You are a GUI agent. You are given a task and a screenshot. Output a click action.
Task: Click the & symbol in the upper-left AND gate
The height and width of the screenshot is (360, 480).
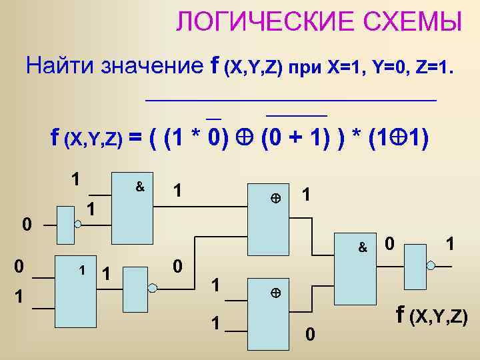click(x=140, y=187)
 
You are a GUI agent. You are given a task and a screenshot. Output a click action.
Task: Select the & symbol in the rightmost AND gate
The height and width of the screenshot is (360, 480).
click(x=363, y=247)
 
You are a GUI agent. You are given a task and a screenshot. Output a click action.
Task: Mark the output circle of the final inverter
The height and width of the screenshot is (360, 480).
click(x=430, y=265)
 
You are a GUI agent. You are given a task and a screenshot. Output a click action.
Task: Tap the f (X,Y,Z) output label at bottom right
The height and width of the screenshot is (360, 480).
click(x=431, y=315)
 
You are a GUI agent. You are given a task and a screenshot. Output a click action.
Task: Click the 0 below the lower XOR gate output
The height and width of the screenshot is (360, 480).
click(x=309, y=333)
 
